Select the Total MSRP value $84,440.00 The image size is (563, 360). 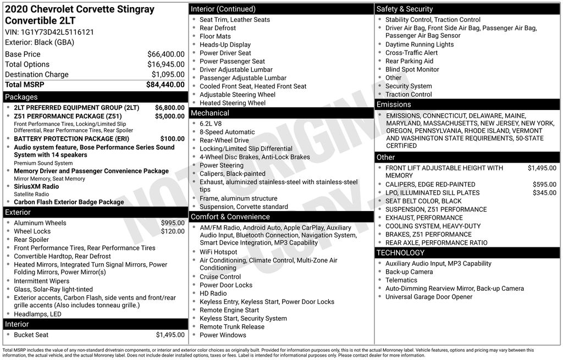coord(165,85)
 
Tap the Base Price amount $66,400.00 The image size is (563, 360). coord(165,54)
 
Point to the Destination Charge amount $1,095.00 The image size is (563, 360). coord(168,75)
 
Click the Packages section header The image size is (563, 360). coord(21,97)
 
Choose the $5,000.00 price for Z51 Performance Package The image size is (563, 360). coord(169,117)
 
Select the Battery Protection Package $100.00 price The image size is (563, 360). coord(172,139)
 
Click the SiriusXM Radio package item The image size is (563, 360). coord(36,187)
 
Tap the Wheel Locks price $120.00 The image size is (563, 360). coord(173,231)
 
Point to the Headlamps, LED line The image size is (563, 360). coord(37,314)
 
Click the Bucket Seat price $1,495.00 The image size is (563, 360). coord(170,335)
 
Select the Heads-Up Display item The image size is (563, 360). coord(225,45)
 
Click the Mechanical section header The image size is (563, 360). coord(209,113)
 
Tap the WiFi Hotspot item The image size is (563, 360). coord(218,252)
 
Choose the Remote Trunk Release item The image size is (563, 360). coord(231,326)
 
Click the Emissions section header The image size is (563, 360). coord(393,104)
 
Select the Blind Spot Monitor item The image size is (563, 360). coord(412,69)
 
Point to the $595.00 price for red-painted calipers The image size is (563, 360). coord(544,185)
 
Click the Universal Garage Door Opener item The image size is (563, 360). coord(428,297)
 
